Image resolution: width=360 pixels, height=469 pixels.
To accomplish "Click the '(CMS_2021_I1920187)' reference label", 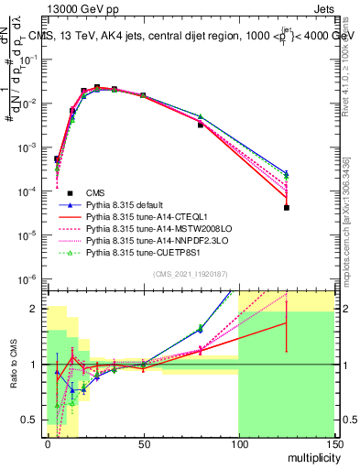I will click(190, 272).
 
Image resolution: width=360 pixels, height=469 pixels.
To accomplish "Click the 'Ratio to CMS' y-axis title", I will click(14, 365).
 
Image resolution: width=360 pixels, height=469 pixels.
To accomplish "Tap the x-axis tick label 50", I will click(142, 442).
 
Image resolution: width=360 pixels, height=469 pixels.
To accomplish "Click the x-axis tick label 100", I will click(238, 442).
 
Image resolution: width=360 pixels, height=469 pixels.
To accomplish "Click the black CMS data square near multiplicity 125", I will click(287, 208).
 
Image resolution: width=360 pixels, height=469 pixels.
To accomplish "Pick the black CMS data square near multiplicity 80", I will click(200, 125).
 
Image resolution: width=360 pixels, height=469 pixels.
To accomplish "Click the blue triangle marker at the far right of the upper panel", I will click(287, 172).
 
